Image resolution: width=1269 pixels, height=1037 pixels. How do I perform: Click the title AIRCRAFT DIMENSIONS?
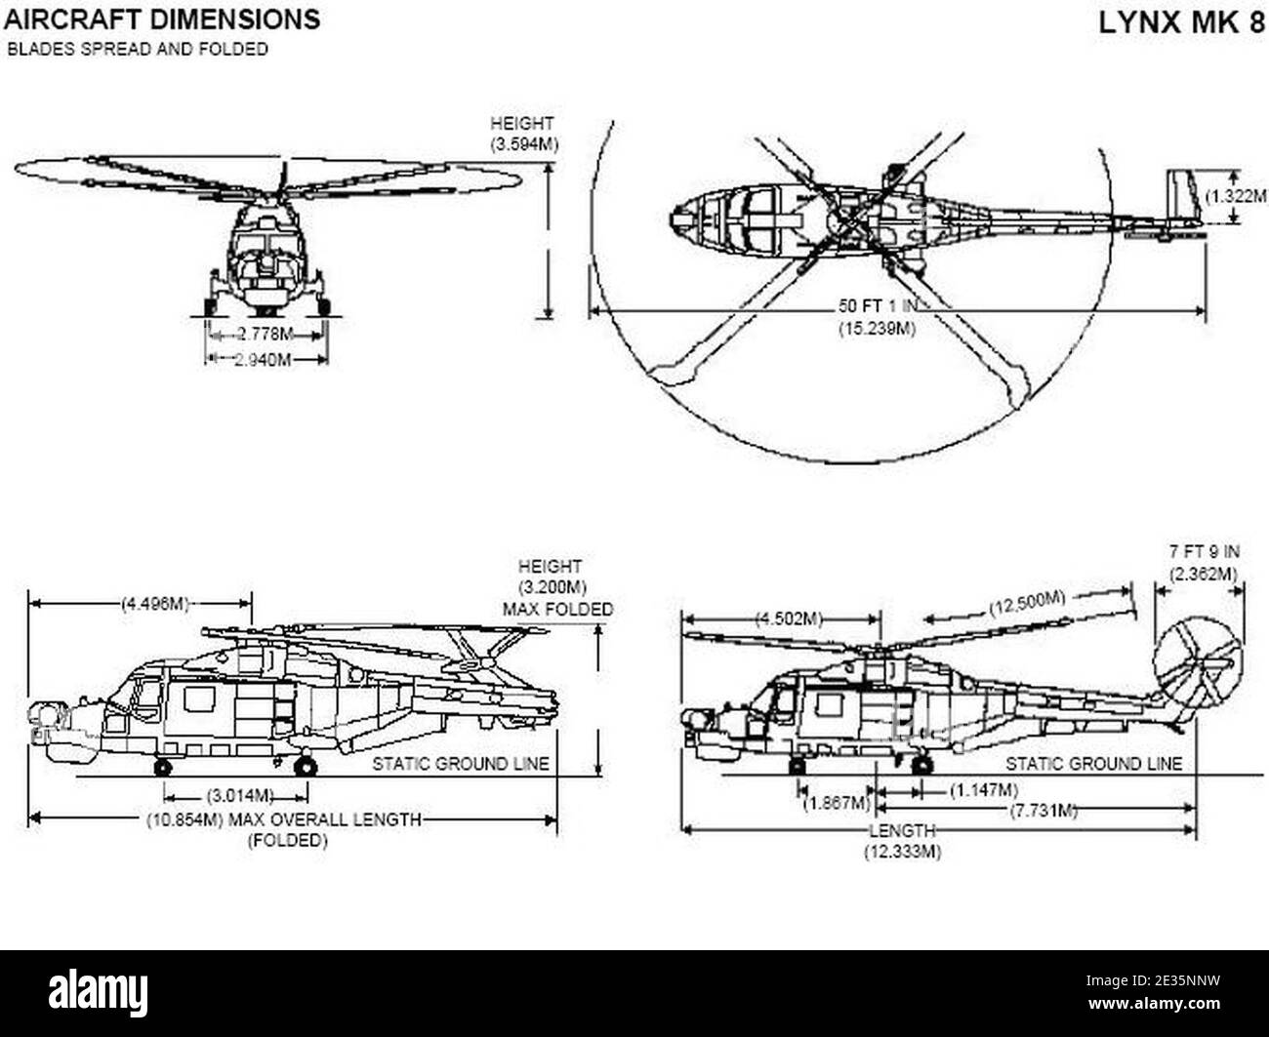coord(161,19)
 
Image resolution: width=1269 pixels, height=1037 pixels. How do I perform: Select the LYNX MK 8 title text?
coord(1180,22)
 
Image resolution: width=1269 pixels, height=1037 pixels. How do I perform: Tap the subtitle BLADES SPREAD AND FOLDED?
coord(138,50)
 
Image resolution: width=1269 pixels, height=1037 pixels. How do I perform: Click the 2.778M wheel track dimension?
coord(266,335)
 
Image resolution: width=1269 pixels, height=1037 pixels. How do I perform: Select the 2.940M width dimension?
coord(266,360)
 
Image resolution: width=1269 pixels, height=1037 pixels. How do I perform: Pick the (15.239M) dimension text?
coord(876,329)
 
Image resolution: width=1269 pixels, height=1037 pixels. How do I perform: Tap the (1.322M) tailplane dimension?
coord(1239,196)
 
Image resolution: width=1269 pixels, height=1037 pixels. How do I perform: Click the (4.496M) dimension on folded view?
coord(155,603)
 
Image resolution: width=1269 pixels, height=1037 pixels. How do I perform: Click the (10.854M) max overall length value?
coord(185,819)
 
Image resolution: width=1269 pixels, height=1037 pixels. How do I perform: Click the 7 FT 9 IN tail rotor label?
coord(1204,551)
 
